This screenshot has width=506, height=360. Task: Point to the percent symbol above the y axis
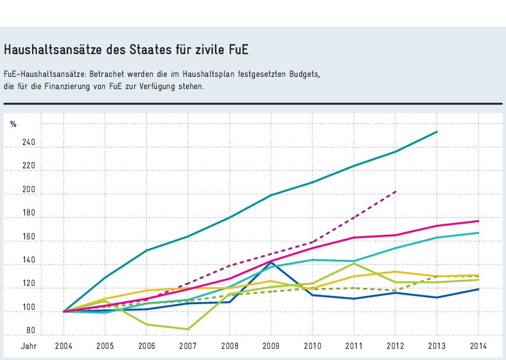click(x=13, y=123)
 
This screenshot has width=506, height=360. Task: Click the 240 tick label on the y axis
click(x=30, y=143)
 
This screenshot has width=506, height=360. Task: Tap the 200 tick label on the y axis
click(x=30, y=190)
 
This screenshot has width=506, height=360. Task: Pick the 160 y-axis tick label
click(x=30, y=238)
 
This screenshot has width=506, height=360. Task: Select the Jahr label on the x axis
click(x=30, y=346)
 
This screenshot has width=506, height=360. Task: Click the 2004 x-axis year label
click(x=64, y=346)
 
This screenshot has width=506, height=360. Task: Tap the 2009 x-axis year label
click(x=271, y=346)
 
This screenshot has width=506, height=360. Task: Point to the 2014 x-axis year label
click(x=479, y=346)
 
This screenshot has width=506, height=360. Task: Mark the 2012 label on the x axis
click(x=396, y=346)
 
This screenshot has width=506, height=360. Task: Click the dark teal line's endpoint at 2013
click(x=437, y=132)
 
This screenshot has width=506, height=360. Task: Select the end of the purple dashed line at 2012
click(x=396, y=191)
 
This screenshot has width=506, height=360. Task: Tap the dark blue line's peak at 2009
click(x=271, y=262)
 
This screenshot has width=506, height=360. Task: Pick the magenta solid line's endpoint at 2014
click(x=479, y=221)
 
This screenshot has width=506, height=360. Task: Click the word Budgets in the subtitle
click(x=306, y=75)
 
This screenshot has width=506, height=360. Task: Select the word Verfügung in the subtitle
click(x=152, y=86)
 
